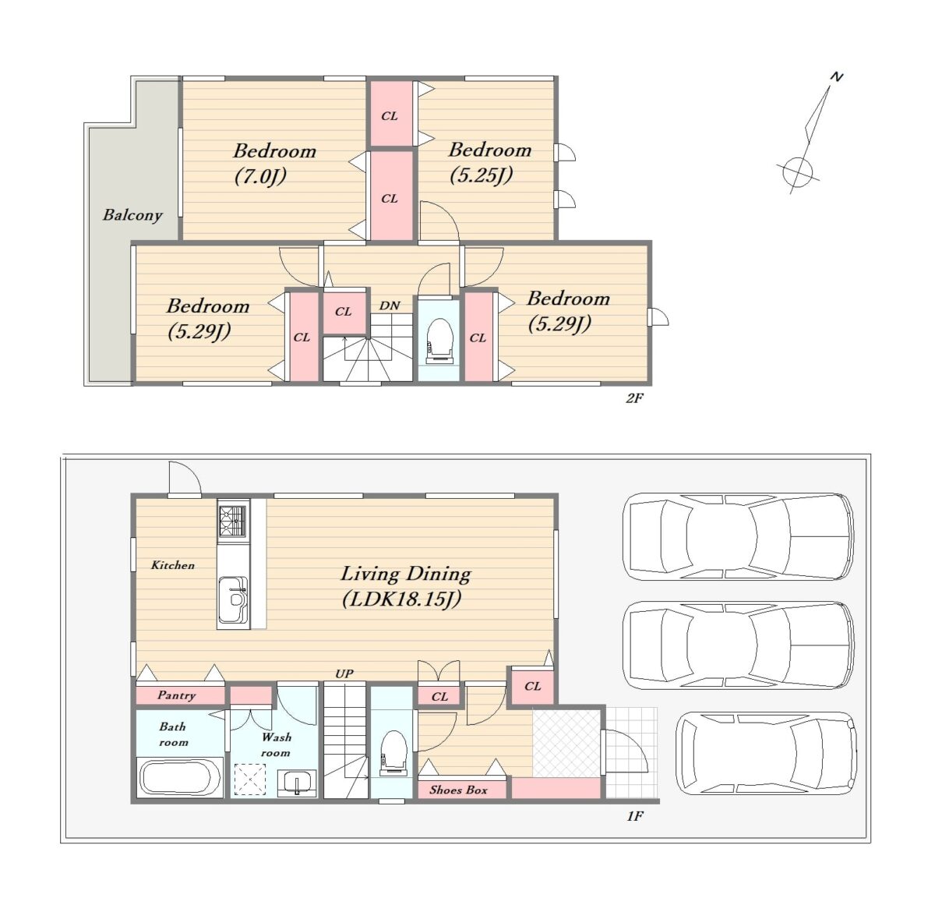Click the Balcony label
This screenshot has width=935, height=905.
click(132, 215)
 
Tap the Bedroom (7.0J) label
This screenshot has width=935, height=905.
click(274, 164)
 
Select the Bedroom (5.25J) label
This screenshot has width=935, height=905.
click(489, 162)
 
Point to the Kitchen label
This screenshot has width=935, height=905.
click(172, 565)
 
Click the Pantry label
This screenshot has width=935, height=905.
click(176, 695)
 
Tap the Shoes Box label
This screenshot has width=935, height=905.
click(458, 790)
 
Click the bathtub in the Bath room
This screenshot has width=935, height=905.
click(180, 777)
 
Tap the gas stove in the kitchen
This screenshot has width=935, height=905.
click(233, 521)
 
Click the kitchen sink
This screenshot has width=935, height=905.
click(234, 599)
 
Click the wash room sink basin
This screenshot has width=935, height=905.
click(298, 783)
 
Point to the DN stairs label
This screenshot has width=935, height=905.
click(389, 306)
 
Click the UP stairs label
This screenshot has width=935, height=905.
click(344, 673)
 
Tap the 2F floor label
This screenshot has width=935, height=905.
click(634, 398)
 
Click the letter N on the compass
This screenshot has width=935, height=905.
click(837, 76)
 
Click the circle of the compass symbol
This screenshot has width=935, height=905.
click(798, 171)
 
